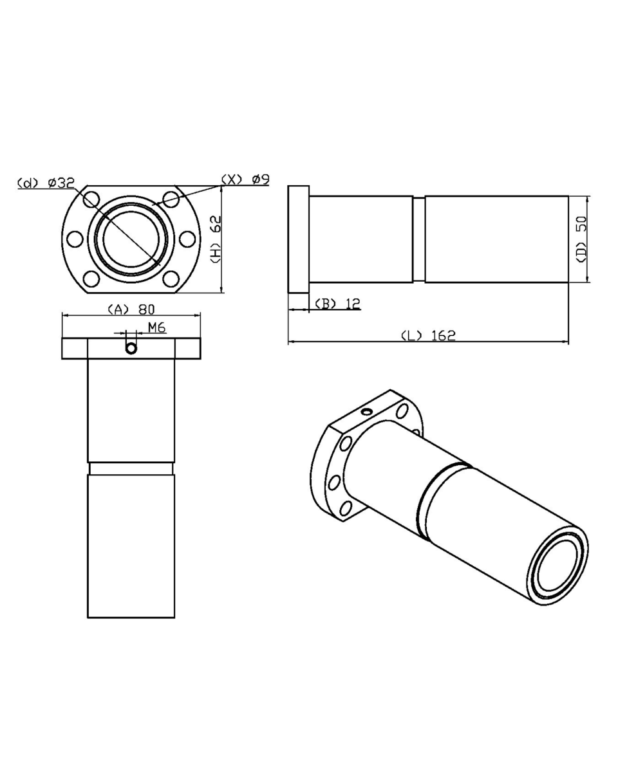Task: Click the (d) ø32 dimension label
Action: click(x=46, y=183)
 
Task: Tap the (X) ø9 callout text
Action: click(x=245, y=179)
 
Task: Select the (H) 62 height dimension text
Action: click(x=216, y=239)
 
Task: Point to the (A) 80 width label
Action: click(x=131, y=309)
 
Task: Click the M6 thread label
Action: click(x=156, y=327)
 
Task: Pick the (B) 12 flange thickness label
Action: click(x=337, y=304)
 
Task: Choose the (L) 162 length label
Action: click(x=428, y=335)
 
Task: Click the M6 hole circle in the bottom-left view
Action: click(x=131, y=348)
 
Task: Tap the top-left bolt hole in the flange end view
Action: click(x=91, y=199)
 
